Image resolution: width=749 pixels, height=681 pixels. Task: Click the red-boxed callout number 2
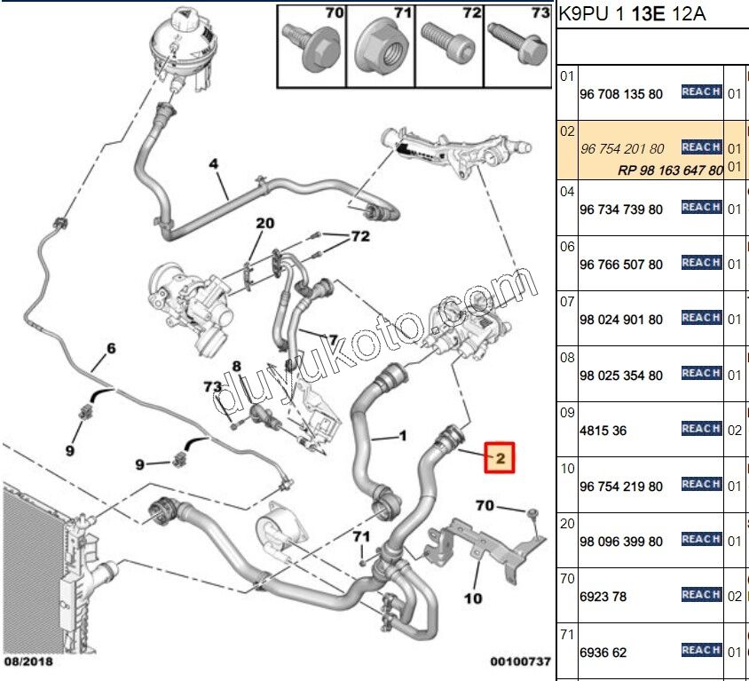coord(499,458)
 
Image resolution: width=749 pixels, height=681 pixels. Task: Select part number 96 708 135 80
coord(620,93)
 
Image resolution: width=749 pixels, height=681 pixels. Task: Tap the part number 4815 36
coord(603,431)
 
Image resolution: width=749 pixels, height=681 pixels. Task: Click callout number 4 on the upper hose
coord(213,164)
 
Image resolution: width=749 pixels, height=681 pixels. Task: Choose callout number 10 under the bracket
coord(473,598)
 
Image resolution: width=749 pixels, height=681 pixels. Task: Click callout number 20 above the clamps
coord(265,223)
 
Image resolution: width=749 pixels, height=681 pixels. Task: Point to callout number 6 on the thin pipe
coord(111,348)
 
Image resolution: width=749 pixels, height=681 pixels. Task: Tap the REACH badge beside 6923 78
coord(700,595)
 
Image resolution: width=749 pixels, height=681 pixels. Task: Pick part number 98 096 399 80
coord(620,542)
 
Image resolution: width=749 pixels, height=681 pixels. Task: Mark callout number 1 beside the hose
coord(401,436)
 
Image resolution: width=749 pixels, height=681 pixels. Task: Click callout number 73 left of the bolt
coord(212,387)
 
